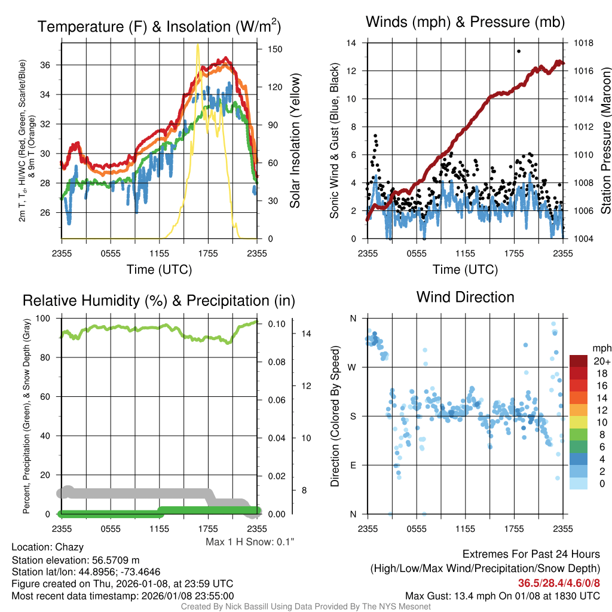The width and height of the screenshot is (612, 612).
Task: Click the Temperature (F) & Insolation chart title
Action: (159, 27)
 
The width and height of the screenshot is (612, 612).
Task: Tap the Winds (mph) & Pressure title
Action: (465, 22)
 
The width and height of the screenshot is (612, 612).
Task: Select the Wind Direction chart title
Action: (465, 296)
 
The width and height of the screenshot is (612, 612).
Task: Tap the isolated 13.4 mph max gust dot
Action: (519, 51)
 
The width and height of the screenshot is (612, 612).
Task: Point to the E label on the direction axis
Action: (353, 465)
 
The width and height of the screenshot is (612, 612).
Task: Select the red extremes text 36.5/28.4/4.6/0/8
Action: (558, 583)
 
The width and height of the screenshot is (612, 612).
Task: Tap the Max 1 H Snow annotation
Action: (250, 541)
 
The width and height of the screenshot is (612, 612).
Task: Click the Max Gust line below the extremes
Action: (502, 596)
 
